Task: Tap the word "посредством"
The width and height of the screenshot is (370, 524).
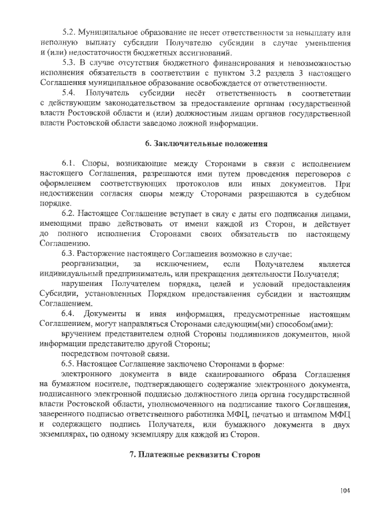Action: (86, 354)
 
